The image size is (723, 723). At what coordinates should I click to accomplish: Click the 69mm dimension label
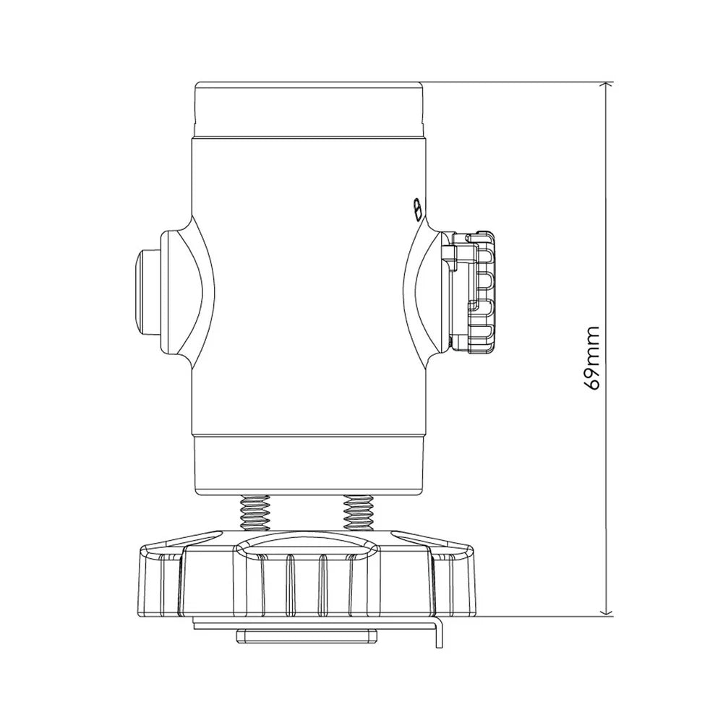[x=591, y=359]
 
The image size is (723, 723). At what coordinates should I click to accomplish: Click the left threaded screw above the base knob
[x=254, y=513]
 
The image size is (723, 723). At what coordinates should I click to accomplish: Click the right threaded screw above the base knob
[x=359, y=513]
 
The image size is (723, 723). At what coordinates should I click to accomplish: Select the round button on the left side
[x=147, y=291]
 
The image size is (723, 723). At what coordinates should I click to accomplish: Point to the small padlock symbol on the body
[x=417, y=210]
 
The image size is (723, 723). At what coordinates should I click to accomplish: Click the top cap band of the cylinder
[x=309, y=110]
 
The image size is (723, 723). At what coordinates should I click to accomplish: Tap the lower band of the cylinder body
[x=309, y=466]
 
